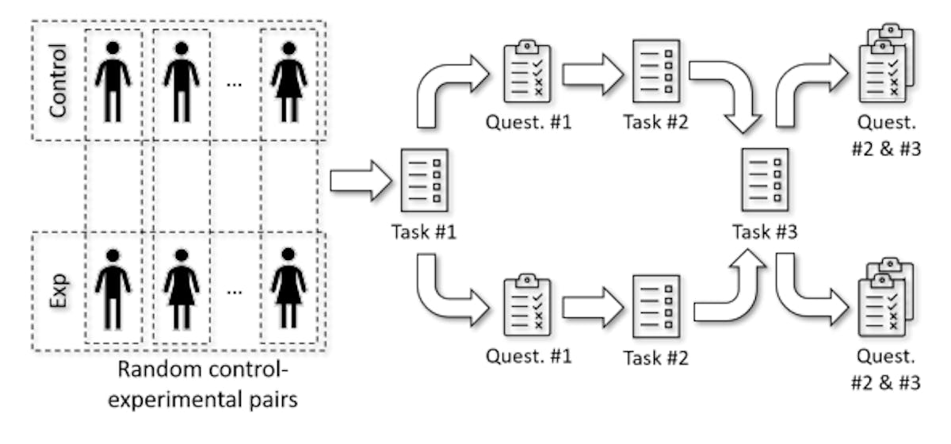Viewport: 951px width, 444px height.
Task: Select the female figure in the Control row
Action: [288, 82]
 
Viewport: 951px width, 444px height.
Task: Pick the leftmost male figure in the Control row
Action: [113, 82]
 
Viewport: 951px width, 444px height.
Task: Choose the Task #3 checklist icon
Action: [764, 180]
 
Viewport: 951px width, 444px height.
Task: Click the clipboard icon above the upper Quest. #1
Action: [528, 70]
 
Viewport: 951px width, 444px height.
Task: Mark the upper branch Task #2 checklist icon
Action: [656, 70]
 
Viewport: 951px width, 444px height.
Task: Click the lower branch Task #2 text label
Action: [655, 358]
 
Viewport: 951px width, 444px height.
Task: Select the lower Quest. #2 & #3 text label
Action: [886, 371]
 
